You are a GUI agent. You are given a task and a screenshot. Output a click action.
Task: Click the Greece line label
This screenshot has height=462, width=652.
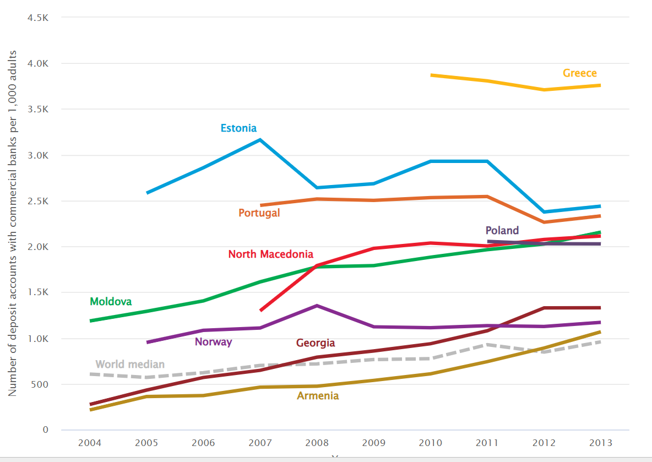tap(579, 73)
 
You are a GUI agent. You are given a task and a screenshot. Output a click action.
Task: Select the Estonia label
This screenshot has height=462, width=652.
tap(238, 128)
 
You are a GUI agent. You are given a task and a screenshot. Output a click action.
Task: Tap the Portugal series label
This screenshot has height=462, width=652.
tap(259, 213)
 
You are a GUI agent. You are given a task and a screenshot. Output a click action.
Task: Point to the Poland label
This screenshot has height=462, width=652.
tap(502, 230)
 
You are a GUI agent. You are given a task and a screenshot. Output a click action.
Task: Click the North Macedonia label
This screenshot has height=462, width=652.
tap(270, 254)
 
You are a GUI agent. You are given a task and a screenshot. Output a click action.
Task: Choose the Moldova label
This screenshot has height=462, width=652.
tap(111, 301)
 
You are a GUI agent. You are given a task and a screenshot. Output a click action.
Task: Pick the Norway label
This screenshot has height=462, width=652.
tap(213, 342)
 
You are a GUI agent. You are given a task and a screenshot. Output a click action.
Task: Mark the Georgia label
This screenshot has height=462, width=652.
tap(315, 343)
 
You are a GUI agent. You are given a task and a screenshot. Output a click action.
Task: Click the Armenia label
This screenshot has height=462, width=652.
tap(318, 395)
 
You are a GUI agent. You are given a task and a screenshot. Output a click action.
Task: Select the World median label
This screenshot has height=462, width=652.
tap(130, 364)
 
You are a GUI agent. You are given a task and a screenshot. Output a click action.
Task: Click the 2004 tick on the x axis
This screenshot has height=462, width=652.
tap(89, 443)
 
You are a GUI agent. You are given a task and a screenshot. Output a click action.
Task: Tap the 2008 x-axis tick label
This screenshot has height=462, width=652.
tap(316, 443)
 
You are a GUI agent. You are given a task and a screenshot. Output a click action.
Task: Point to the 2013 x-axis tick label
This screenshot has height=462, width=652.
tap(600, 443)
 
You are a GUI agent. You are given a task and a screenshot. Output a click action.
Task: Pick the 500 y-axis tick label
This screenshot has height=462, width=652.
tap(40, 384)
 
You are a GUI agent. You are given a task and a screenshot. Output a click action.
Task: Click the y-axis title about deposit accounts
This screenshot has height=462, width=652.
tap(12, 223)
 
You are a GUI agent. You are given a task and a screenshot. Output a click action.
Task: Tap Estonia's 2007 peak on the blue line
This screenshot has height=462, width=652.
tap(259, 140)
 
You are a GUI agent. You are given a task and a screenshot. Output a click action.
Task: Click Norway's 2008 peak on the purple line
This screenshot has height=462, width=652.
tap(317, 306)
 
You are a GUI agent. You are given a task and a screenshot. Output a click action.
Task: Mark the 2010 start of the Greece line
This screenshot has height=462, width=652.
tap(431, 75)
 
